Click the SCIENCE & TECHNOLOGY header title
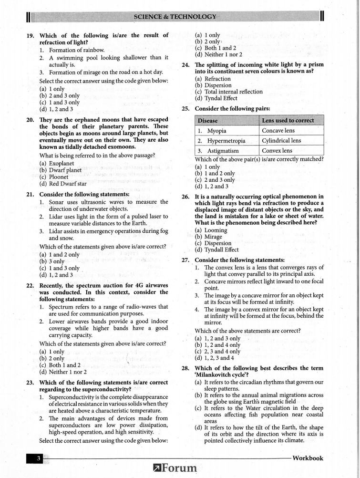pos(175,17)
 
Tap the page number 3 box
pos(38,458)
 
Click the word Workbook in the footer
pos(308,458)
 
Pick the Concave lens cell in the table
pos(278,131)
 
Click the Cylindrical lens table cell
pos(281,141)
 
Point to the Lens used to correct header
pos(288,121)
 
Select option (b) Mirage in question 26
pos(209,237)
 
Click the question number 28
pos(186,368)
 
